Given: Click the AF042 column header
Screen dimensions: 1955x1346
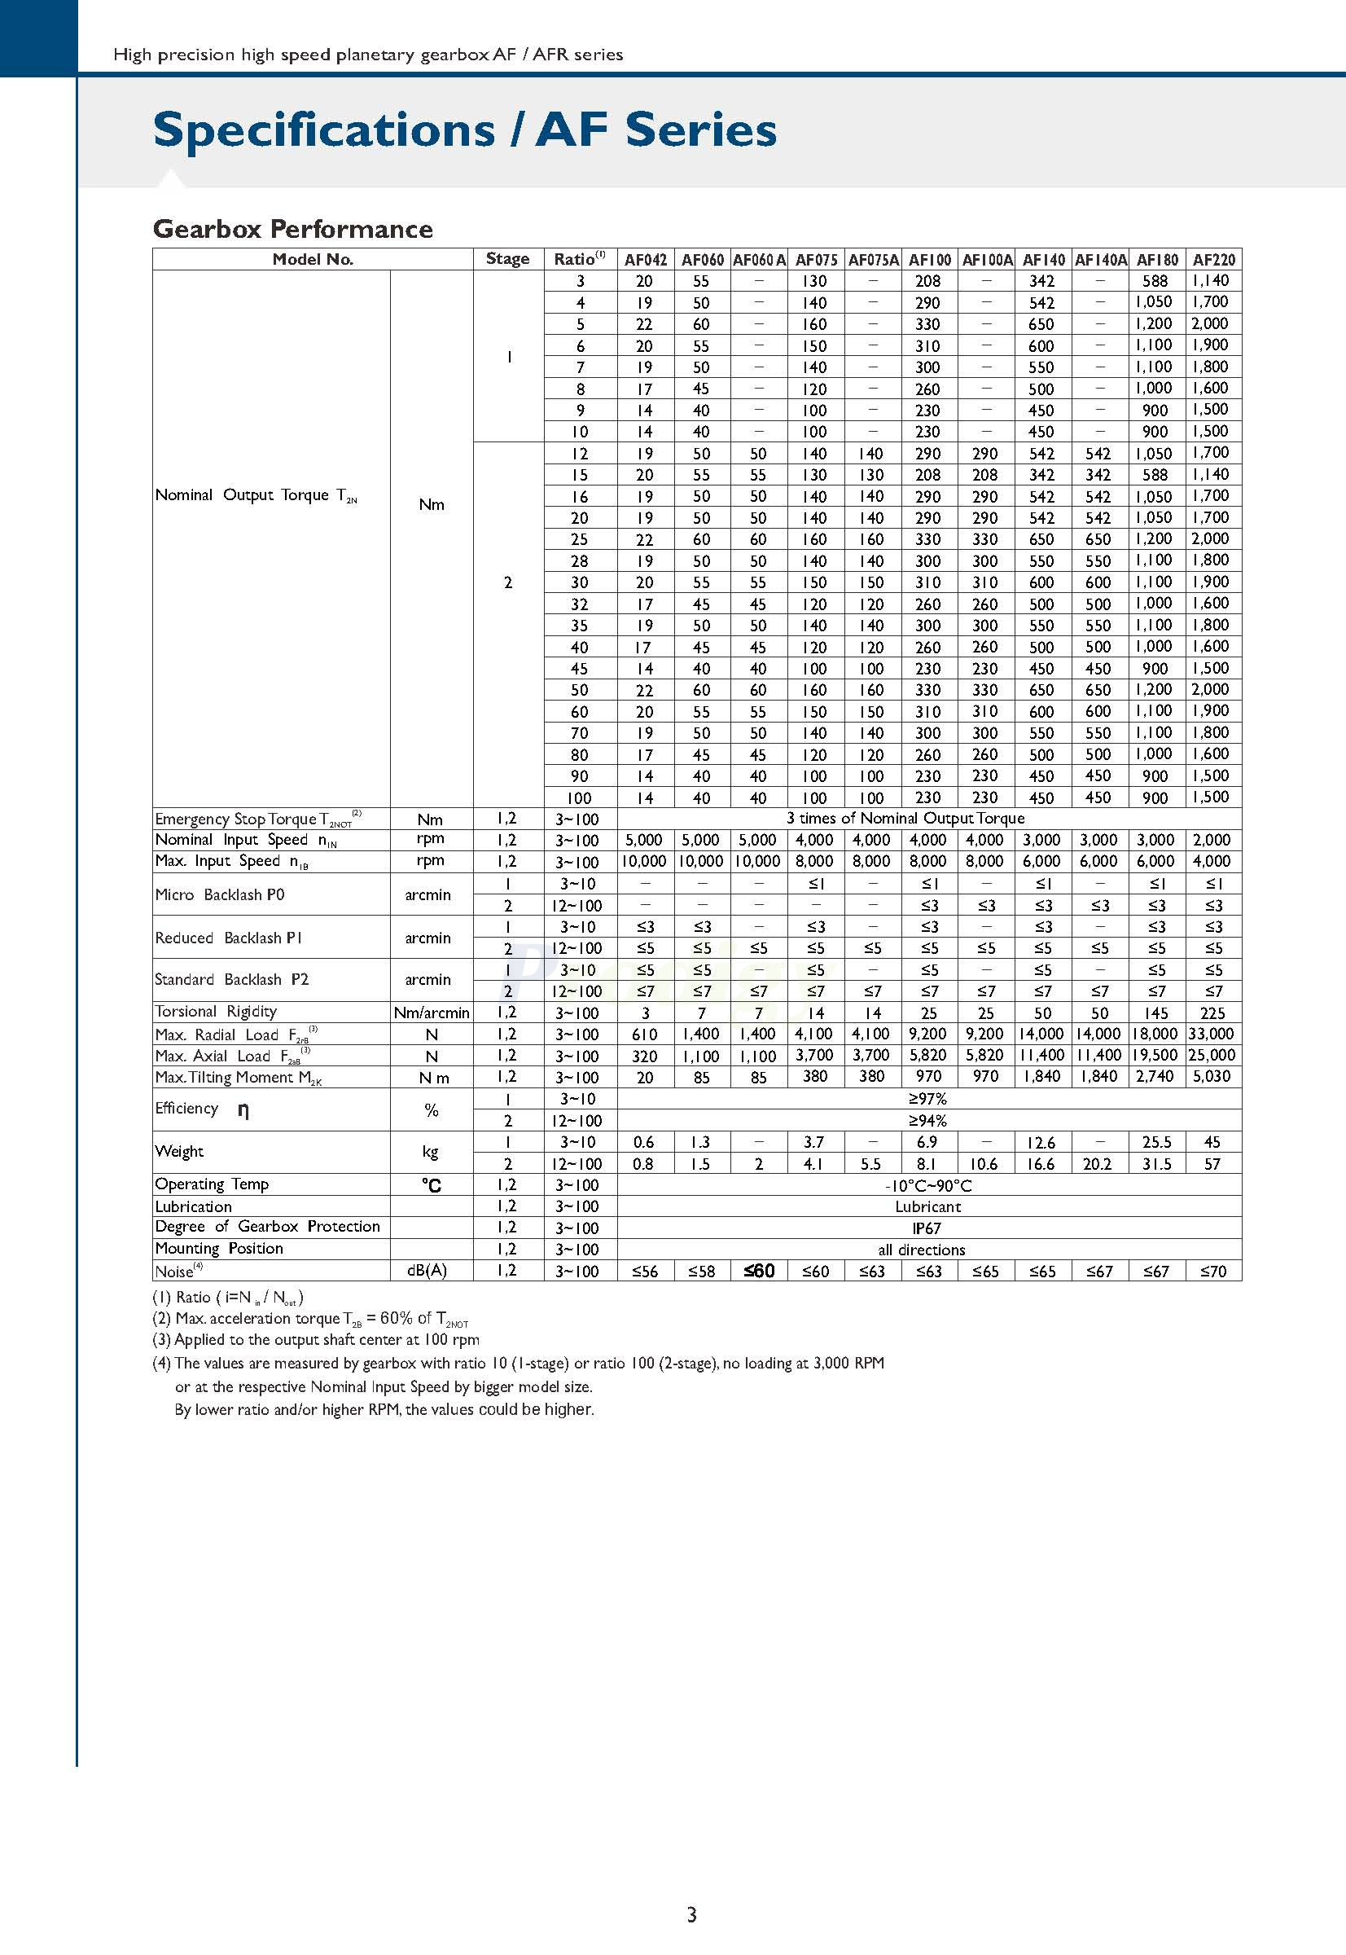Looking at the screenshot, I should coord(645,260).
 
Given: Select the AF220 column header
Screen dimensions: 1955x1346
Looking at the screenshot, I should coord(1213,260).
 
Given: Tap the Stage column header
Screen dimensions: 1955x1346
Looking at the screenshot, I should coord(508,259).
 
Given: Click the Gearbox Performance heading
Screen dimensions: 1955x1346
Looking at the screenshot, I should coord(292,229).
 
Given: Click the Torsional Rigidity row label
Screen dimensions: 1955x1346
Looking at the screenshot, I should coord(216,1012).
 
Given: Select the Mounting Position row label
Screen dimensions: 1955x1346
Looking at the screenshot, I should coord(219,1249).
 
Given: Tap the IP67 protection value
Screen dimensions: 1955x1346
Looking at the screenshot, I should coord(927,1228).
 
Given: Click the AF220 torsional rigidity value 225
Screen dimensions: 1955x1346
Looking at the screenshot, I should coord(1212,1013).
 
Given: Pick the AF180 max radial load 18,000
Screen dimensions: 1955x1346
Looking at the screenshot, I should coord(1156,1035).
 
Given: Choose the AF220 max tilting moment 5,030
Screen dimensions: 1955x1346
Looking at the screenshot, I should coord(1212,1077).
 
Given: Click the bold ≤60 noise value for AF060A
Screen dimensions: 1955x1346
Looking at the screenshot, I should coord(759,1271).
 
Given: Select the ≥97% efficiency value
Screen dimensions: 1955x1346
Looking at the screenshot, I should coord(927,1100).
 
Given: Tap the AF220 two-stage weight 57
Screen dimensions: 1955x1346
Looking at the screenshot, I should coord(1212,1164).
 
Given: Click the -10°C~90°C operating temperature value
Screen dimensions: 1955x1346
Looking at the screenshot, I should coord(927,1185).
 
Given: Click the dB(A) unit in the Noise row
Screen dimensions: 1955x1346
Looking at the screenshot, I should coord(427,1271).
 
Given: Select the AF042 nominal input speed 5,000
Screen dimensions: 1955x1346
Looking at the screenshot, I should coord(644,841).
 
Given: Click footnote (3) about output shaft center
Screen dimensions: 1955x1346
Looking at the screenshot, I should coord(315,1340).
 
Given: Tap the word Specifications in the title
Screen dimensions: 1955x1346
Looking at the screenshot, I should coord(324,130).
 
